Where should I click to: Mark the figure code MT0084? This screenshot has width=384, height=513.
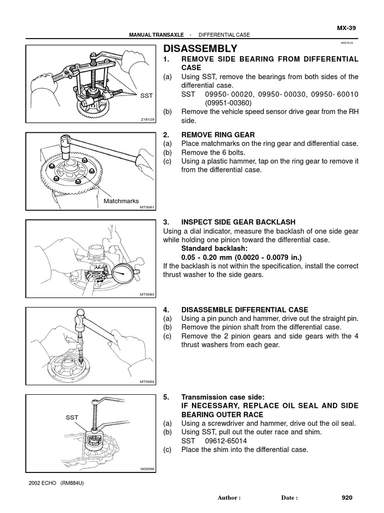(x=148, y=382)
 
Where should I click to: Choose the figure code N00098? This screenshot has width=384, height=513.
(x=148, y=469)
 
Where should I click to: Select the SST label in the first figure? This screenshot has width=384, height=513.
(x=146, y=95)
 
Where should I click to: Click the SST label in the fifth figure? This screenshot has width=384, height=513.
(x=72, y=416)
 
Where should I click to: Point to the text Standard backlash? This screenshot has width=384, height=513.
(x=211, y=248)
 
